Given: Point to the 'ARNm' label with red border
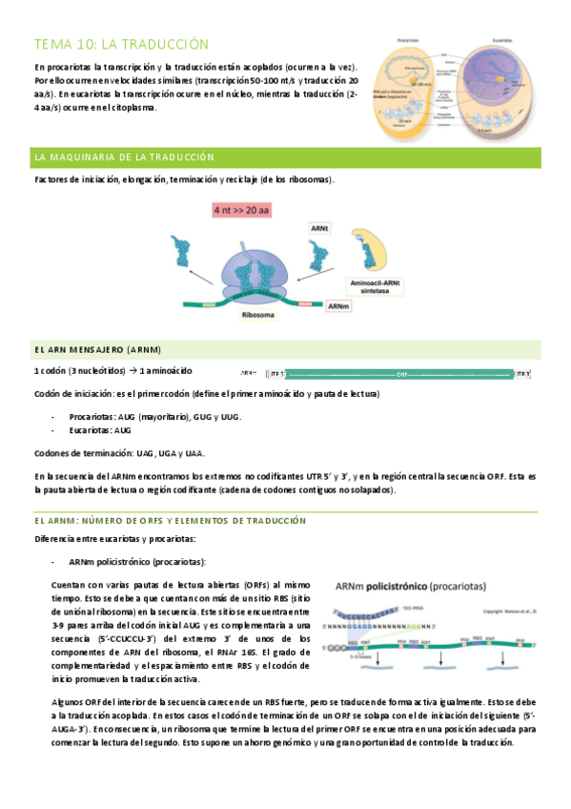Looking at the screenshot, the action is pyautogui.click(x=337, y=305).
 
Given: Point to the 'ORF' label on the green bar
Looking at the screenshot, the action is pyautogui.click(x=401, y=374).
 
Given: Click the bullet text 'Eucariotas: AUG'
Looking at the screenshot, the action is pyautogui.click(x=100, y=430).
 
